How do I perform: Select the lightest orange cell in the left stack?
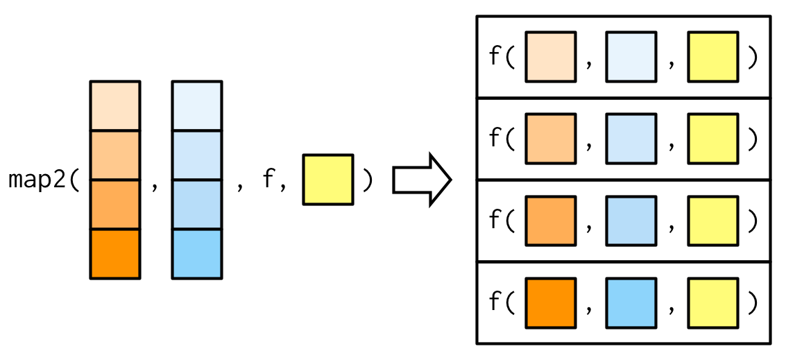(115, 105)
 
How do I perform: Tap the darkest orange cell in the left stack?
(115, 254)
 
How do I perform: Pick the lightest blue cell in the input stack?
(197, 105)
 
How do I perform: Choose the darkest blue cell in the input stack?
(197, 254)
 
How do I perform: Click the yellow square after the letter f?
(328, 180)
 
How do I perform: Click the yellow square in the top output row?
(712, 57)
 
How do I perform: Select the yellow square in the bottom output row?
(712, 302)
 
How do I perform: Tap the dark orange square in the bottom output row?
(550, 302)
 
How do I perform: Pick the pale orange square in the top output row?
(550, 57)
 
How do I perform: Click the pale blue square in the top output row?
(631, 57)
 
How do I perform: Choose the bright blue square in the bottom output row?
(631, 302)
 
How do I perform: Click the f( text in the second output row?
(502, 139)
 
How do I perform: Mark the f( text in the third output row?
(502, 221)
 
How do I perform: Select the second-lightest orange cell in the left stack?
(115, 155)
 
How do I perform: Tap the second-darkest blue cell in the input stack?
(197, 204)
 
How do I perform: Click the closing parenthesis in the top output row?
(752, 58)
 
